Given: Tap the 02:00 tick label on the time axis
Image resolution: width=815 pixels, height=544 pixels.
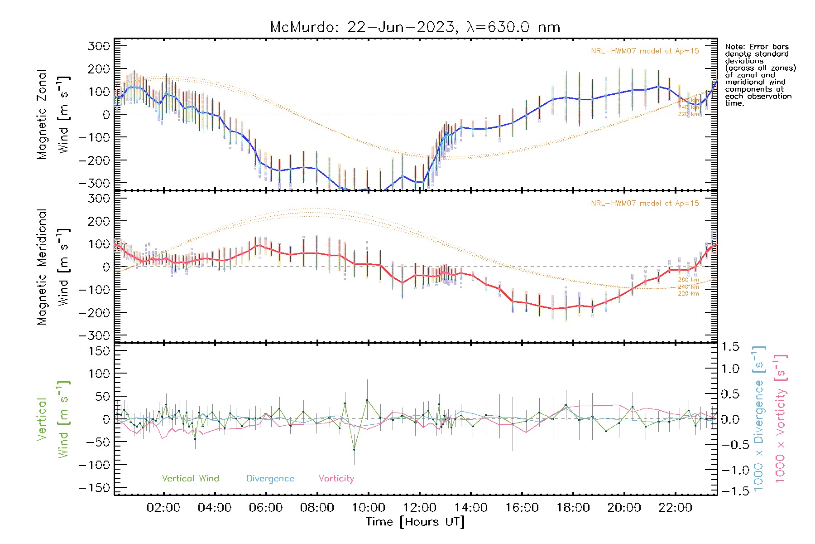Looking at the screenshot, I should (x=163, y=508).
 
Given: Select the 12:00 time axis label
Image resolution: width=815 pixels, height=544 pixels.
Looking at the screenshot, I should (x=419, y=508).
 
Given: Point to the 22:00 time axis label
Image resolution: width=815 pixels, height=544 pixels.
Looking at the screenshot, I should (x=675, y=508).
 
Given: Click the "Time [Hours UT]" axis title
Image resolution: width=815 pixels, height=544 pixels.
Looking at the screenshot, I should (x=415, y=522).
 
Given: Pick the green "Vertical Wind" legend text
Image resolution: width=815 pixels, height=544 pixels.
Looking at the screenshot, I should (x=190, y=478).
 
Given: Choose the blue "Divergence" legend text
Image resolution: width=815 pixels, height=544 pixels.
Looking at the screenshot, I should (x=270, y=479).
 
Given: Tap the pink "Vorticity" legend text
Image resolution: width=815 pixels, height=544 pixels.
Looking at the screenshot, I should (x=336, y=478).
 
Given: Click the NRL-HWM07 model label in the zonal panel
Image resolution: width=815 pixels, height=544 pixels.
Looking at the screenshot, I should (x=645, y=51).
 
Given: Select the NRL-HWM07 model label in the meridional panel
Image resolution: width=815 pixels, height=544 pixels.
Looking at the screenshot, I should (x=645, y=204).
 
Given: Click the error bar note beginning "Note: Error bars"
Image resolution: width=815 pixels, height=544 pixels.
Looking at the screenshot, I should (x=760, y=75).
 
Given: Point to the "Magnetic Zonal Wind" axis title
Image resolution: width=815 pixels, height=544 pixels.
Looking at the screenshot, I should (x=53, y=114).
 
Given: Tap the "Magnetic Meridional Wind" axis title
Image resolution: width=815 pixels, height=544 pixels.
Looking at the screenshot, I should (x=53, y=267).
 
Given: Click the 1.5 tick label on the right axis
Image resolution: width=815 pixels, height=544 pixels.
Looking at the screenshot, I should (x=730, y=347).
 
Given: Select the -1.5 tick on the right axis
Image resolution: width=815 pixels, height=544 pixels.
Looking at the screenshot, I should (x=730, y=491).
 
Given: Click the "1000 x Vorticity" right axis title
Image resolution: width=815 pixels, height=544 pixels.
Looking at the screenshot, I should (x=781, y=418).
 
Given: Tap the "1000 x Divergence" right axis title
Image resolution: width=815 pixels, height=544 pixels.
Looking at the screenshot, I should (x=759, y=418).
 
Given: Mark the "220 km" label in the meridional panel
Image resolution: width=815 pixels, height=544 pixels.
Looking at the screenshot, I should (x=688, y=294).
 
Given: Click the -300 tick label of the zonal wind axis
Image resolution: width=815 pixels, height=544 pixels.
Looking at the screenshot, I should (x=94, y=183).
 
